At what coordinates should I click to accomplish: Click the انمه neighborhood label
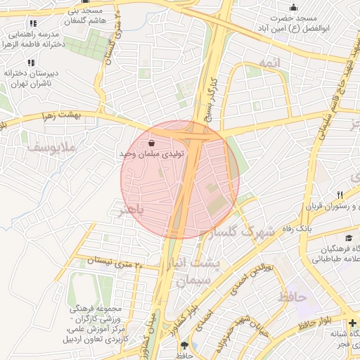[269, 63]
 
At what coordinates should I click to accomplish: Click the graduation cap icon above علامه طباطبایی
[349, 239]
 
